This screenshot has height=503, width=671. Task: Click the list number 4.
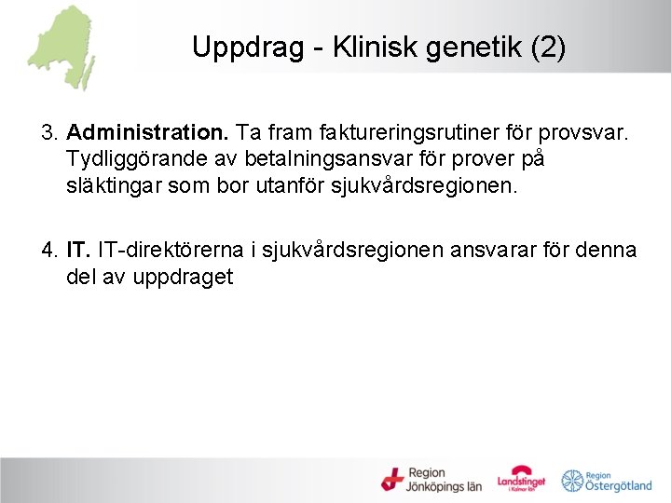(48, 251)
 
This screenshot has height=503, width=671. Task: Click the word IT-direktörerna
(173, 251)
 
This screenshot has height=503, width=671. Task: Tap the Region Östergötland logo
(607, 480)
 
